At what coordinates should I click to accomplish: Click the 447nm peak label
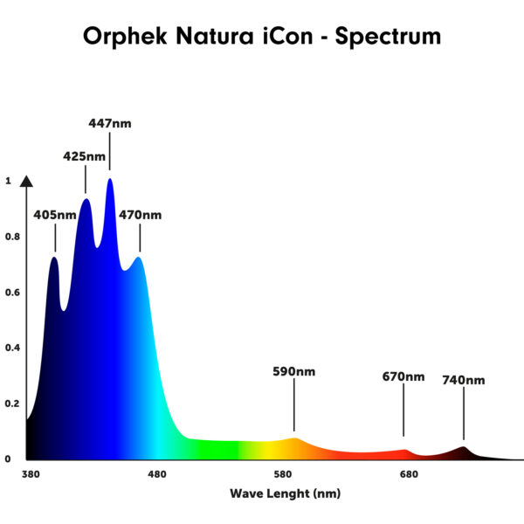110,124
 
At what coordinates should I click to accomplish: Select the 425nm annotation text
84,156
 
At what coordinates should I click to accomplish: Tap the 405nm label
55,215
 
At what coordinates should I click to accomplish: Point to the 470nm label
141,215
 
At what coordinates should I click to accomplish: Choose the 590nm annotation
294,372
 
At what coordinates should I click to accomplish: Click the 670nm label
403,377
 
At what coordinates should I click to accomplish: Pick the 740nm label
464,380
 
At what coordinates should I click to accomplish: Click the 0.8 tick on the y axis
13,237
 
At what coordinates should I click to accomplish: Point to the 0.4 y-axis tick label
13,348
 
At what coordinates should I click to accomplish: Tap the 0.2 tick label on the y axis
13,403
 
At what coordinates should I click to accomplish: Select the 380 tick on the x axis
31,474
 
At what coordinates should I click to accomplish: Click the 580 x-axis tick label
283,474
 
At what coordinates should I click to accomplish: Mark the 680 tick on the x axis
409,474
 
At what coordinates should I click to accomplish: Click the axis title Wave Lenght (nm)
286,493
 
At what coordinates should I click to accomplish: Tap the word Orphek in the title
125,36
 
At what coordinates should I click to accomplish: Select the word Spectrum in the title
388,36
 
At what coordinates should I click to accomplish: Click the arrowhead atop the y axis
26,181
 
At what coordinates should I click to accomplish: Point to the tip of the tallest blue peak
110,179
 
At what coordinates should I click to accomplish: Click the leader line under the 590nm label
294,404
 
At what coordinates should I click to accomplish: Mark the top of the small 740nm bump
464,447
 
